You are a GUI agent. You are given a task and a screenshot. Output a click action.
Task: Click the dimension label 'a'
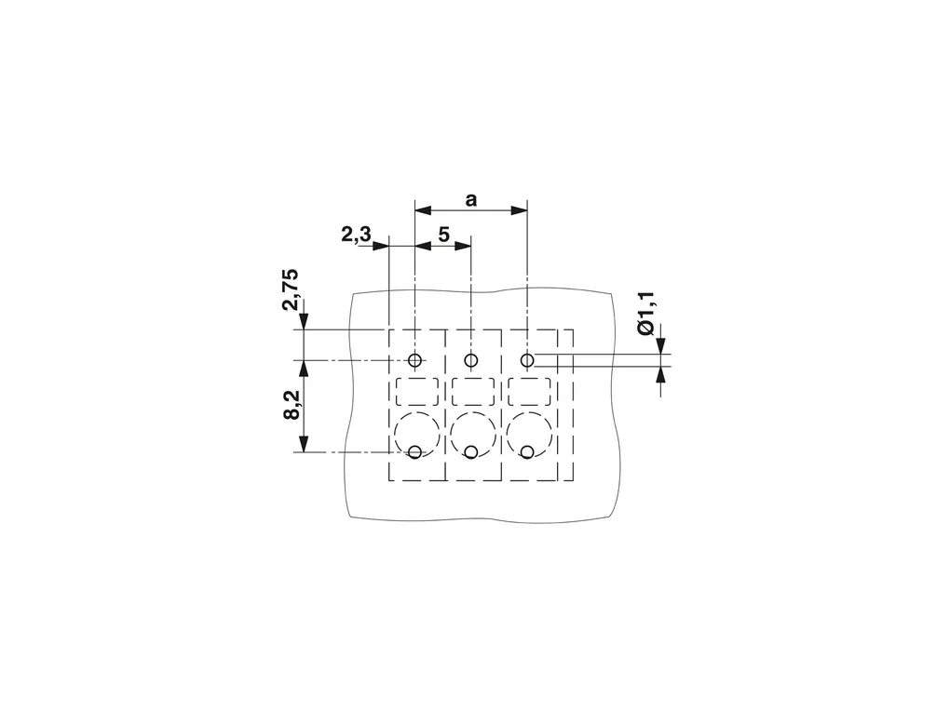pos(470,200)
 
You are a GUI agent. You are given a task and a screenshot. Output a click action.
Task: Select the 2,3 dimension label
pos(356,234)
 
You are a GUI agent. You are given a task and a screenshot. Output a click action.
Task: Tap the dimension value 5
pos(444,235)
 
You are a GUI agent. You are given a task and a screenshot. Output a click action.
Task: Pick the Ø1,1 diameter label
pos(646,313)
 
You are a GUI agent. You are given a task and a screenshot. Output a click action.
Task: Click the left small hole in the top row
pos(415,361)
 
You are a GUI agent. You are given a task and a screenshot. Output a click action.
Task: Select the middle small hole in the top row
pos(470,361)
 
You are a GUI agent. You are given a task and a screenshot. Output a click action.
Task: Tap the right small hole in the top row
pos(527,361)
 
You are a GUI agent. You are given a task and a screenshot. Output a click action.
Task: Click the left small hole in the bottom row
pos(415,451)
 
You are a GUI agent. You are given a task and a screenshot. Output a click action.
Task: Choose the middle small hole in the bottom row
pos(470,451)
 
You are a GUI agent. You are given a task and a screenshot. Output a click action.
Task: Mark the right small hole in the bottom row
pos(527,451)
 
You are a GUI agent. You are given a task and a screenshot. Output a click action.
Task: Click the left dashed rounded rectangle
pos(417,391)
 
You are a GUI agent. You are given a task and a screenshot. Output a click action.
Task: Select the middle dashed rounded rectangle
pos(473,391)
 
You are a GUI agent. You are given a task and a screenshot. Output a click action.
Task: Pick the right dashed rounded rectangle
pos(530,391)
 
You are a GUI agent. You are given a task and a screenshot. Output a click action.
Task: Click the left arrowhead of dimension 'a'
pos(423,210)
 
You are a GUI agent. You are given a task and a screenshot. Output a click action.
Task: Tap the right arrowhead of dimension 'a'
pos(519,210)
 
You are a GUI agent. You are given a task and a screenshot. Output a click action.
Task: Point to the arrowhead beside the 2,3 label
pos(381,246)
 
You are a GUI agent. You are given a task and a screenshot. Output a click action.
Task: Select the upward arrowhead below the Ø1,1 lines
pos(660,375)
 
